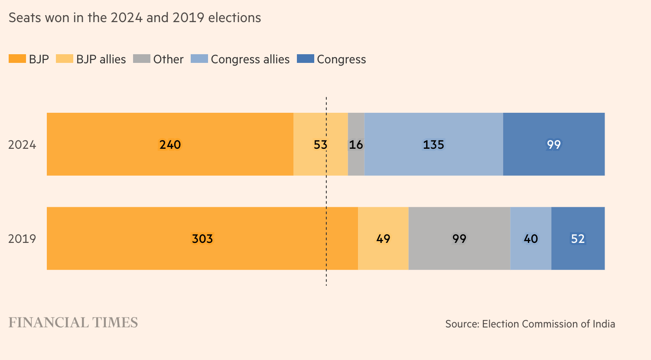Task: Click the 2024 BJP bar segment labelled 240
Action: pyautogui.click(x=170, y=144)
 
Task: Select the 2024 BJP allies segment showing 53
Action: pyautogui.click(x=320, y=144)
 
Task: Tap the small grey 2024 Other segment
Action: pyautogui.click(x=356, y=144)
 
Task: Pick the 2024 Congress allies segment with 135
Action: pyautogui.click(x=433, y=144)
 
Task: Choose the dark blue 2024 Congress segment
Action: pyautogui.click(x=553, y=144)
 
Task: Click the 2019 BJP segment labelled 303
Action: pyautogui.click(x=202, y=239)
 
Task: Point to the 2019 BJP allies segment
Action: pyautogui.click(x=383, y=239)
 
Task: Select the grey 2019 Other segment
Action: pyautogui.click(x=459, y=239)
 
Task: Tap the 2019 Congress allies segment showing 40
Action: pyautogui.click(x=531, y=239)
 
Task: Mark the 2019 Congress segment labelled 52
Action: pyautogui.click(x=578, y=239)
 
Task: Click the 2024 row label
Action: pyautogui.click(x=22, y=145)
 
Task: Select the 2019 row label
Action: pyautogui.click(x=22, y=239)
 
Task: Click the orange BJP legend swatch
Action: pyautogui.click(x=17, y=59)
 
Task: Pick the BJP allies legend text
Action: pyautogui.click(x=101, y=59)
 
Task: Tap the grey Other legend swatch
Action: pyautogui.click(x=142, y=59)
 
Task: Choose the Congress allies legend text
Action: pyautogui.click(x=250, y=59)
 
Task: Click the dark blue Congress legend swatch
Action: pyautogui.click(x=305, y=59)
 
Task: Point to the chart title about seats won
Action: pyautogui.click(x=135, y=18)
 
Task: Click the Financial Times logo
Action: pyautogui.click(x=73, y=323)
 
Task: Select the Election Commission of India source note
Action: pyautogui.click(x=530, y=324)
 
